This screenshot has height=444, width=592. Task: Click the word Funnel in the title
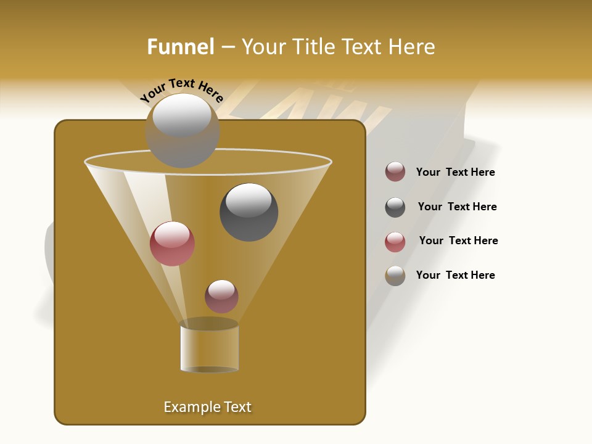coord(180,47)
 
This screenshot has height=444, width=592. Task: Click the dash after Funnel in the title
coord(227,47)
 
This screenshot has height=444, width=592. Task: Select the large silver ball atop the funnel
coord(183,130)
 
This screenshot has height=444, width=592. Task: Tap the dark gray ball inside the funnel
coord(249,212)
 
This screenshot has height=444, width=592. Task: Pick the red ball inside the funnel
coord(172,243)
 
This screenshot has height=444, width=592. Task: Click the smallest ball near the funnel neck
coord(221,296)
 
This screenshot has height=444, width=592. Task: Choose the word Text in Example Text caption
coord(237,407)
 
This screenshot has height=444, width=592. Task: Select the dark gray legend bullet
coord(395,207)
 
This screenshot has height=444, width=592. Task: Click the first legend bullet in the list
coord(395,172)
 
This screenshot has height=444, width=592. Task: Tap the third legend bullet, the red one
coord(395,242)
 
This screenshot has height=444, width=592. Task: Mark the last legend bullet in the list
coord(395,276)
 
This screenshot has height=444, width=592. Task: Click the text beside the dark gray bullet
coord(457,207)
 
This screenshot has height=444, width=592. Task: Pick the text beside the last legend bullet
coord(455,275)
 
